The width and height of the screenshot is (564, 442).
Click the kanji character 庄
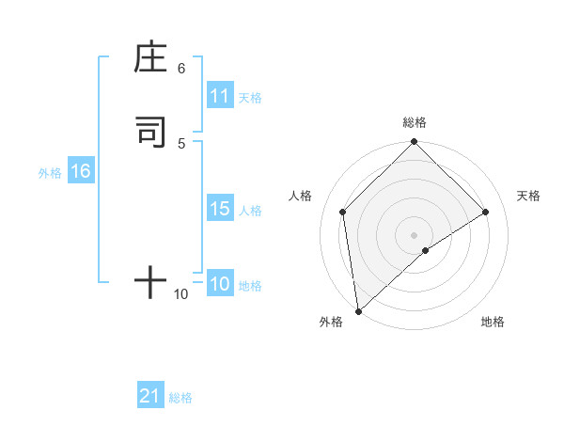click(150, 58)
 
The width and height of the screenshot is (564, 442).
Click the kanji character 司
click(150, 132)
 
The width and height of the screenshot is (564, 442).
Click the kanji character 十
click(150, 281)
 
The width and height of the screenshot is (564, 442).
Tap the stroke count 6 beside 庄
click(181, 69)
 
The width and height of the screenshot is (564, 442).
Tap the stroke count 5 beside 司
click(181, 143)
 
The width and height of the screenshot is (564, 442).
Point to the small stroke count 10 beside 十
click(181, 294)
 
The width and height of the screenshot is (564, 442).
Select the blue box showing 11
click(220, 96)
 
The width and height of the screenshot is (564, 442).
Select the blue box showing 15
click(220, 209)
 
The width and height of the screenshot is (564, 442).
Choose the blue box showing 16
click(81, 171)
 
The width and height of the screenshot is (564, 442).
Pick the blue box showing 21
click(150, 396)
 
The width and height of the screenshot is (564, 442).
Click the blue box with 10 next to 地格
click(220, 284)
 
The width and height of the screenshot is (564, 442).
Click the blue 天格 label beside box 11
click(250, 97)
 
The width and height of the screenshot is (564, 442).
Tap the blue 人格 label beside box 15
click(250, 210)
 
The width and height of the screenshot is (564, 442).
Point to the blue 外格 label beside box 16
click(50, 172)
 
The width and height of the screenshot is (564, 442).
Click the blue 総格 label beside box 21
click(180, 397)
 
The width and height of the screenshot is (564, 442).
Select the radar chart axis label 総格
click(415, 122)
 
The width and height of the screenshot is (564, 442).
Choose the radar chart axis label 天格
click(528, 196)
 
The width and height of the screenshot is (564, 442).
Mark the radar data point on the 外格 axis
click(357, 311)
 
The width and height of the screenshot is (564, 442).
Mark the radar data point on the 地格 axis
click(426, 250)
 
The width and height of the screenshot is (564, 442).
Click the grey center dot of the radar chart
click(415, 234)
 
